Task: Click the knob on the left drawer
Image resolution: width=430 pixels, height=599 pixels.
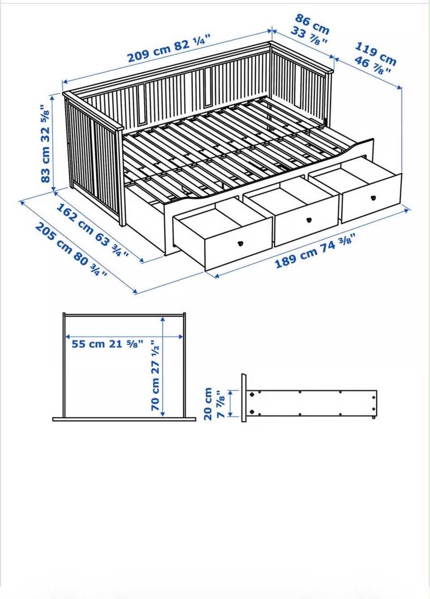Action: (x=240, y=243)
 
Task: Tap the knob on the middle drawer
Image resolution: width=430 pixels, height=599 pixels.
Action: (x=309, y=219)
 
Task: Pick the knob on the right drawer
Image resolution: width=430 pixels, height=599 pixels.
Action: (x=373, y=198)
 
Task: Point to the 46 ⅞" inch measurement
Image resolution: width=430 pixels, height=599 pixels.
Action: (x=373, y=66)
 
